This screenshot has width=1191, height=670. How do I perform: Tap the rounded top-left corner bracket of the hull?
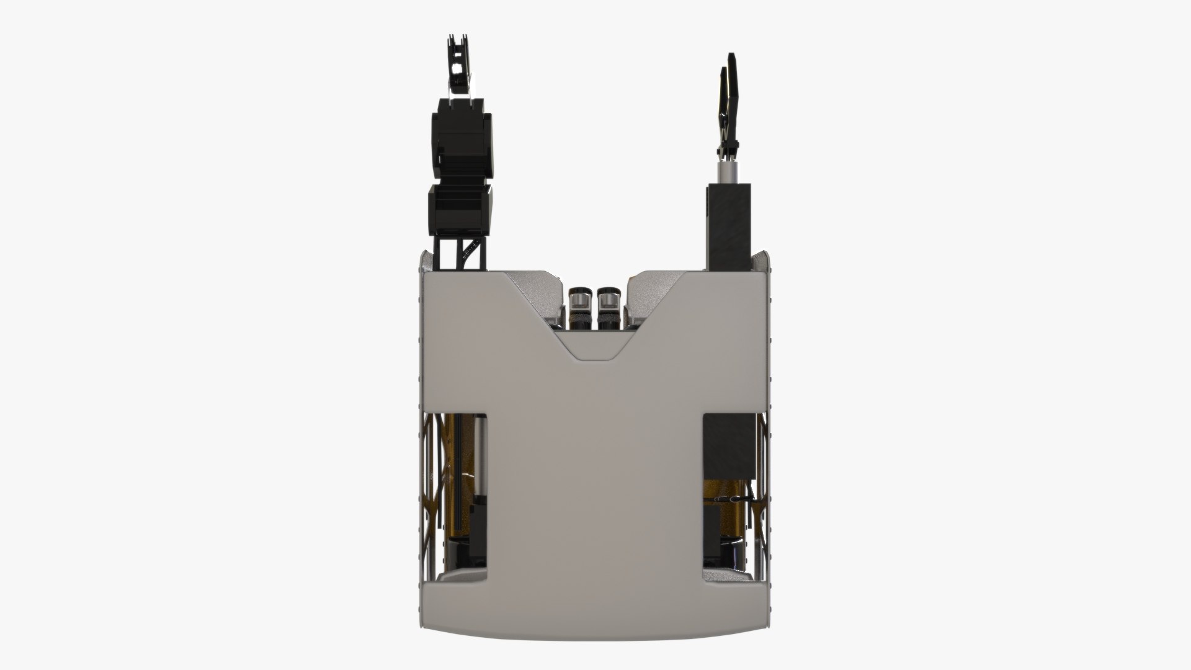(x=427, y=261)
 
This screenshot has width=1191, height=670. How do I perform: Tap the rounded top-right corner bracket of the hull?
(x=764, y=261)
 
